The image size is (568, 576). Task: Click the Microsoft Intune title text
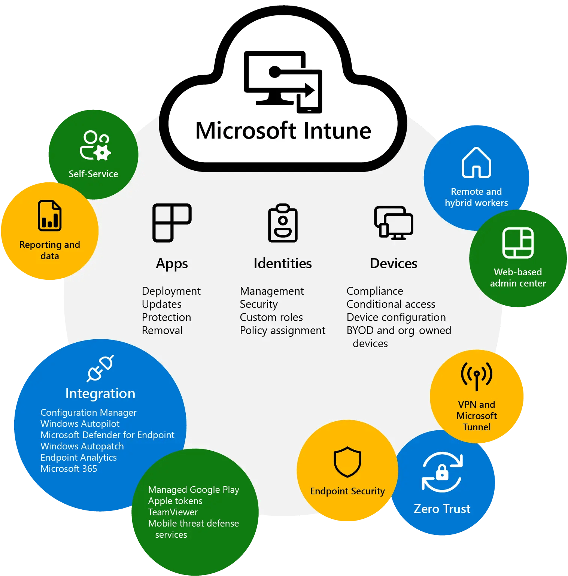click(x=283, y=131)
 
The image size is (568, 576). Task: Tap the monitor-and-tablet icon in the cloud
click(x=283, y=82)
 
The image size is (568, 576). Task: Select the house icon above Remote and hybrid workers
click(x=476, y=163)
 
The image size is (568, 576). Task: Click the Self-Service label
click(x=93, y=174)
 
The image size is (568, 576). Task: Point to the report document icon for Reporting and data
click(x=50, y=216)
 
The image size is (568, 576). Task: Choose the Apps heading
click(x=172, y=264)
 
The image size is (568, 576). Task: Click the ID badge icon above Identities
click(x=283, y=223)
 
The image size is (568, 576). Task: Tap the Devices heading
click(x=394, y=263)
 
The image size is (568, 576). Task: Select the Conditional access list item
click(x=391, y=304)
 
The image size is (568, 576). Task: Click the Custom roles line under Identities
click(x=271, y=317)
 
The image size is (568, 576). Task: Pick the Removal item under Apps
click(x=162, y=330)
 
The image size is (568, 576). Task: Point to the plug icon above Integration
click(x=100, y=368)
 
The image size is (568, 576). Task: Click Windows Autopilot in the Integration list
click(x=80, y=424)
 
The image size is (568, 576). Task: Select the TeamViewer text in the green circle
click(x=173, y=512)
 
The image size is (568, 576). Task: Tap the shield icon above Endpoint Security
click(x=347, y=462)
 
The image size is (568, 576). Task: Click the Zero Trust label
click(x=442, y=509)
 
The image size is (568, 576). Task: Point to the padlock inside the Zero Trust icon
click(x=442, y=472)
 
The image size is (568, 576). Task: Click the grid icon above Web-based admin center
click(x=518, y=243)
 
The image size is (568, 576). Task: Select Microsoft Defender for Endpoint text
click(x=107, y=435)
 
